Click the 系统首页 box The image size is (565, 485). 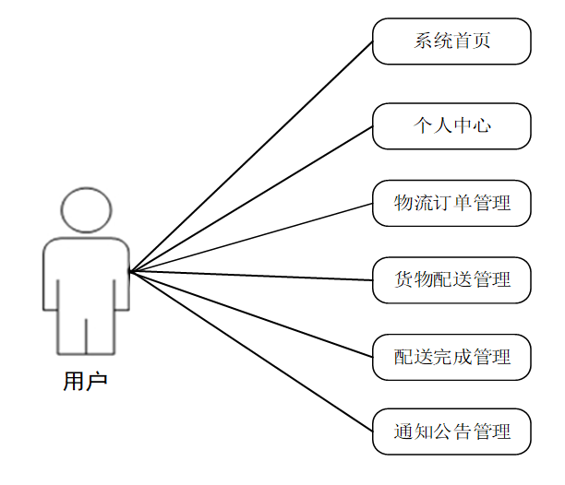(x=451, y=41)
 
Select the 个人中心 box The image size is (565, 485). (x=451, y=125)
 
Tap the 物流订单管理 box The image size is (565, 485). (x=451, y=203)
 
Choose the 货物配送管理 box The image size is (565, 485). (x=451, y=279)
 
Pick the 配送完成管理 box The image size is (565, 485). (x=451, y=357)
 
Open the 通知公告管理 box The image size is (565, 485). (x=451, y=432)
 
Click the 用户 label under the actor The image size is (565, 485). (x=85, y=381)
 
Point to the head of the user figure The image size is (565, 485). (x=85, y=208)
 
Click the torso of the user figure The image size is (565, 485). (x=85, y=272)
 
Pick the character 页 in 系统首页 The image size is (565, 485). (x=481, y=41)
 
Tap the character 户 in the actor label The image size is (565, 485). (x=97, y=381)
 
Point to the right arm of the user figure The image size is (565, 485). (x=120, y=277)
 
